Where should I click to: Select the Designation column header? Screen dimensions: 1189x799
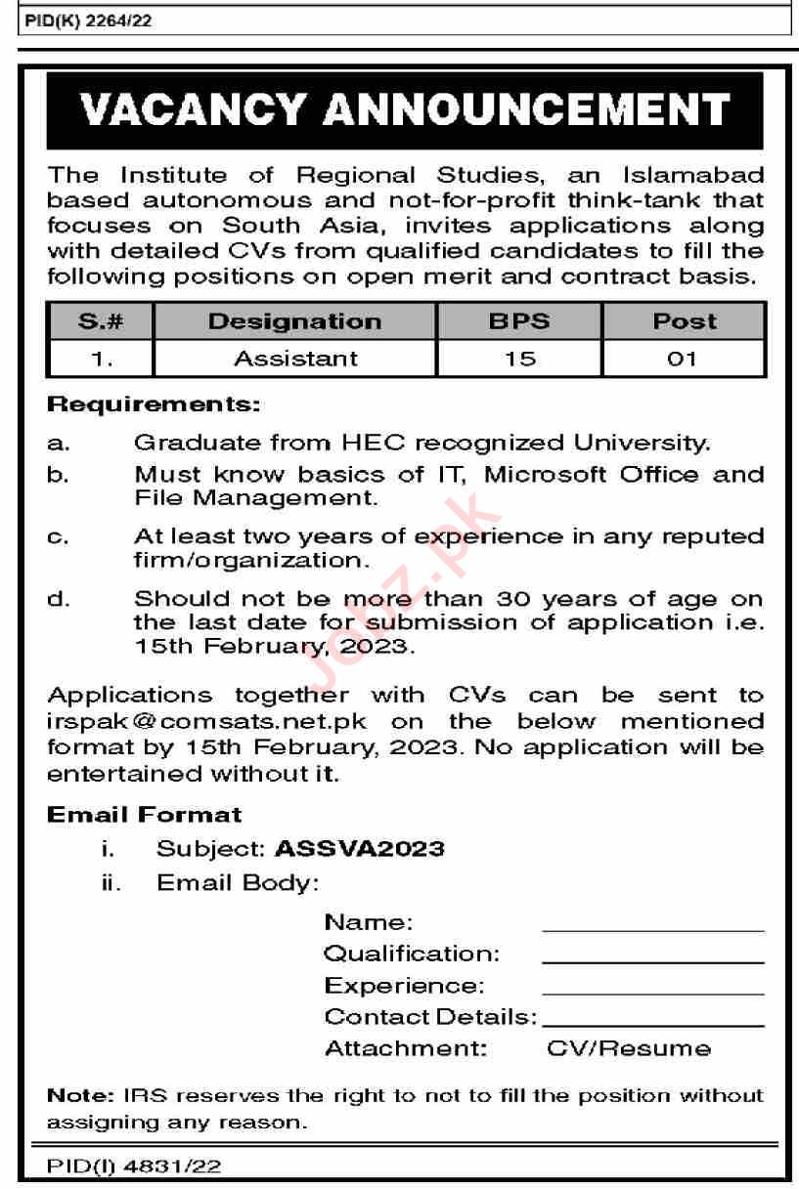294,321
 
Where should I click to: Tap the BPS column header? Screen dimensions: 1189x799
519,321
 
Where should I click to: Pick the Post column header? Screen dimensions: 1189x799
684,321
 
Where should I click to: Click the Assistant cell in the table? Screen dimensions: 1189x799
295,359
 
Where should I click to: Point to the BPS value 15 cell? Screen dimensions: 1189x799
519,359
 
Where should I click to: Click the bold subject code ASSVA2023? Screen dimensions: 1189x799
359,847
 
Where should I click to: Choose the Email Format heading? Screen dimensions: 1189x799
144,814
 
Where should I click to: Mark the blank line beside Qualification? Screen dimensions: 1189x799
652,961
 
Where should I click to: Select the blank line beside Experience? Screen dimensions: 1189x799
652,993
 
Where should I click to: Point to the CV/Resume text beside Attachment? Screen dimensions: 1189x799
628,1048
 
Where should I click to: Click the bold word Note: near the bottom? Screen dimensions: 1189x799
80,1096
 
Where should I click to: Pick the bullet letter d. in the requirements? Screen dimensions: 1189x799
59,599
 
